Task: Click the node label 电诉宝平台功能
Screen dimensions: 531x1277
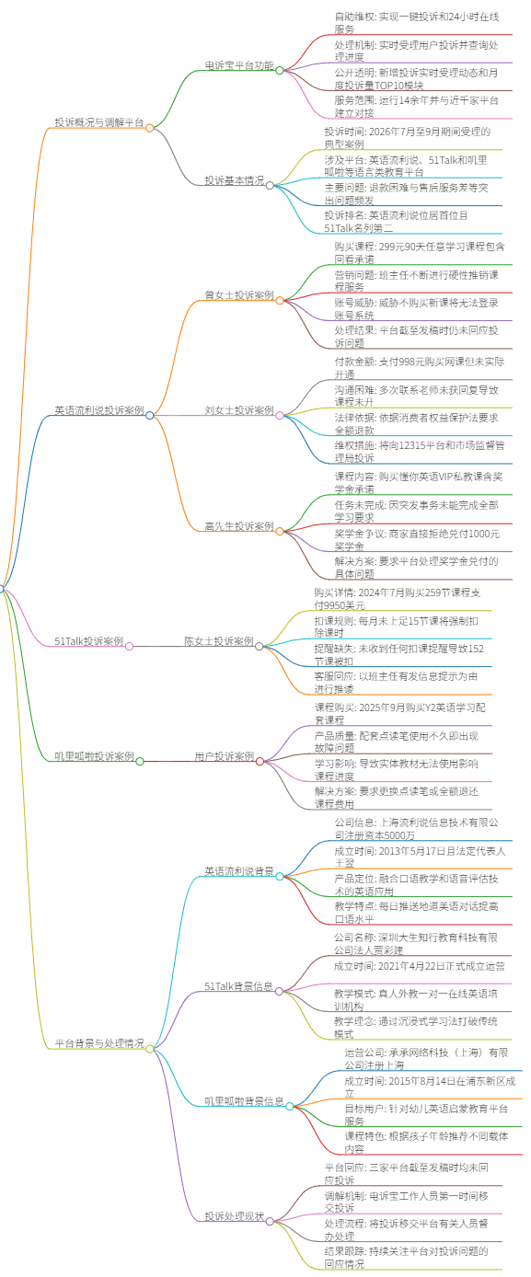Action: pyautogui.click(x=239, y=65)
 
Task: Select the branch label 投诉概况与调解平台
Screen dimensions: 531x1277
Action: pyautogui.click(x=99, y=122)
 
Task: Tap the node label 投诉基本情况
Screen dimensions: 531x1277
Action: pyautogui.click(x=235, y=180)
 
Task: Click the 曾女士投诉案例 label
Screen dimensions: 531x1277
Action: pyautogui.click(x=239, y=295)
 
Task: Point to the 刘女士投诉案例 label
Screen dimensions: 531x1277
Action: pyautogui.click(x=239, y=410)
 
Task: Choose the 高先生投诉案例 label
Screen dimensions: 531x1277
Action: pyautogui.click(x=239, y=526)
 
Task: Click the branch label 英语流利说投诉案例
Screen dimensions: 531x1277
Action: pyautogui.click(x=99, y=410)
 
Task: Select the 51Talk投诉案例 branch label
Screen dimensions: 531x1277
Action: pyautogui.click(x=89, y=641)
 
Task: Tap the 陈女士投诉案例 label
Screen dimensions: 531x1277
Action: pyautogui.click(x=219, y=641)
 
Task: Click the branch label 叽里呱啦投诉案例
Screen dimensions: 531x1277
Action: pyautogui.click(x=94, y=756)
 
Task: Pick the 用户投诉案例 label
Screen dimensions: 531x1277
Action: pyautogui.click(x=225, y=756)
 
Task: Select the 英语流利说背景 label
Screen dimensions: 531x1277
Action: pyautogui.click(x=239, y=871)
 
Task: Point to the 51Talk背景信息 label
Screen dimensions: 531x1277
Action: pyautogui.click(x=239, y=987)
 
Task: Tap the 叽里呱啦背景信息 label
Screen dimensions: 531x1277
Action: pyautogui.click(x=245, y=1101)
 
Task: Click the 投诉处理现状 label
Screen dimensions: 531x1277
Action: pyautogui.click(x=235, y=1216)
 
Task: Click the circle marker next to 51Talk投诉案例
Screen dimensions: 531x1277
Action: pyautogui.click(x=130, y=647)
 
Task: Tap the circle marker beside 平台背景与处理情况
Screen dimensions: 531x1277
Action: pyautogui.click(x=150, y=1049)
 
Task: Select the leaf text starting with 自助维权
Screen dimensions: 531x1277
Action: pyautogui.click(x=417, y=23)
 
